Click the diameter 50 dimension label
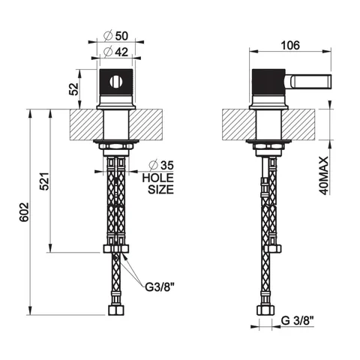(116, 36)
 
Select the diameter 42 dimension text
(116, 52)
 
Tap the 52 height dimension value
(73, 88)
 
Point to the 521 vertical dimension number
(45, 181)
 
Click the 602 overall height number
(25, 212)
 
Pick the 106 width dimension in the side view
(290, 46)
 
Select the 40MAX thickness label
(323, 175)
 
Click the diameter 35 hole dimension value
(161, 165)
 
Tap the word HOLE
(157, 178)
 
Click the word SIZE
(160, 190)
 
